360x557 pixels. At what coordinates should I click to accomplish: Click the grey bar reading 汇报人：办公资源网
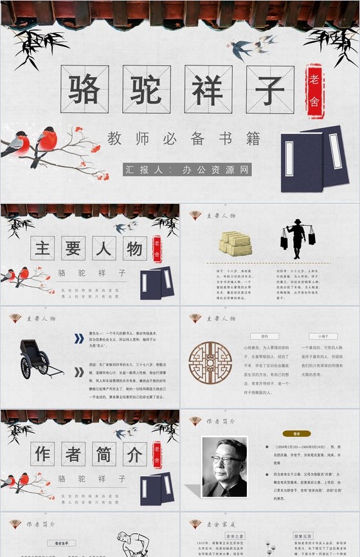187,170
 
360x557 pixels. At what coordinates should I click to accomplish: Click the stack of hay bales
235,244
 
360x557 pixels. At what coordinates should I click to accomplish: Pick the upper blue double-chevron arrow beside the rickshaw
78,338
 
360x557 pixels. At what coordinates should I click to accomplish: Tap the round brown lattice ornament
210,363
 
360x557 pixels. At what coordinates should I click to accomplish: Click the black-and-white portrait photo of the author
224,467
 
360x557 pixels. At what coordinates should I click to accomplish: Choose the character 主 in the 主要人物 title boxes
42,248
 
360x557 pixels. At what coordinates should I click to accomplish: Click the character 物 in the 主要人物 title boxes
134,248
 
